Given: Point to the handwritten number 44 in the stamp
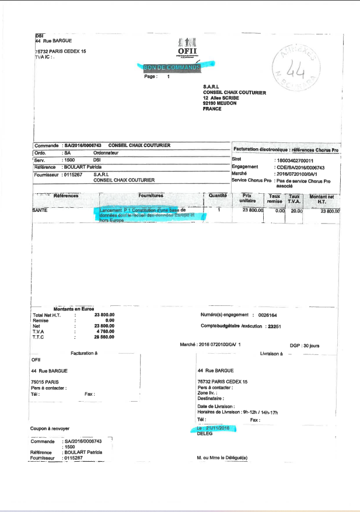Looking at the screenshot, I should pyautogui.click(x=296, y=68).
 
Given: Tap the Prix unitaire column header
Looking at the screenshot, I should pyautogui.click(x=249, y=198).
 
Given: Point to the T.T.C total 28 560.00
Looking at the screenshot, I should pyautogui.click(x=103, y=337).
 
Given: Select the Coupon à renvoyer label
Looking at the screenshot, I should pyautogui.click(x=51, y=429).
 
